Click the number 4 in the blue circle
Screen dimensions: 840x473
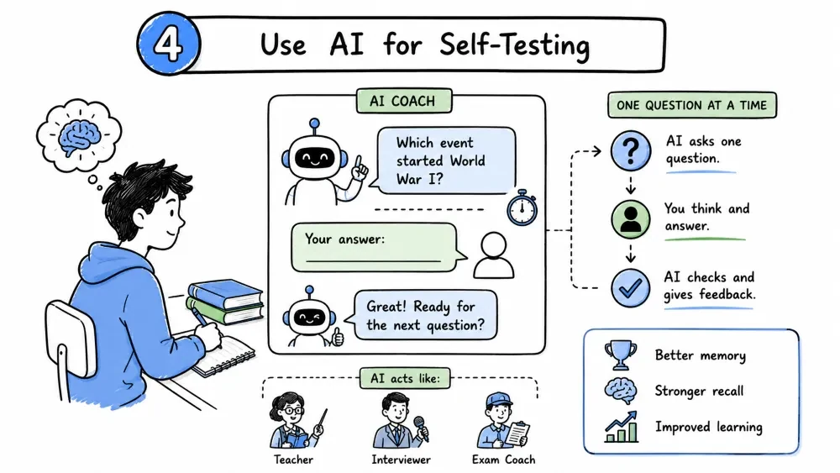(x=169, y=44)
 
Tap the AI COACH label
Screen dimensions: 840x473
(x=403, y=102)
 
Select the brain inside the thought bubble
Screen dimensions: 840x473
(x=79, y=136)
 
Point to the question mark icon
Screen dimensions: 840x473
(x=631, y=150)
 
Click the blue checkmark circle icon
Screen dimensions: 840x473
(x=631, y=288)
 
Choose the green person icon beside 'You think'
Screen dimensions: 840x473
(x=631, y=219)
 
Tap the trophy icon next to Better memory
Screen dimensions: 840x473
(x=621, y=355)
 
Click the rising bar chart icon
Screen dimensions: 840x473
(x=622, y=427)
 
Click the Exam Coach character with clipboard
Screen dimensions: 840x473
(x=502, y=421)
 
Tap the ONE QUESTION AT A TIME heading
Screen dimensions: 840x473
(x=691, y=105)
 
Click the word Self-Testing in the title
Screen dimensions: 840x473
(x=514, y=45)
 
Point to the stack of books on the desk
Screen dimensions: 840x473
(x=225, y=302)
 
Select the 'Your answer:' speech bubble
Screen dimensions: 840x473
(x=377, y=248)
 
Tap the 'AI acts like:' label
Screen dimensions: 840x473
(x=405, y=378)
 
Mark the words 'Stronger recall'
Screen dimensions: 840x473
(x=699, y=391)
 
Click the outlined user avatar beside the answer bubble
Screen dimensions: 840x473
(x=493, y=255)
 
